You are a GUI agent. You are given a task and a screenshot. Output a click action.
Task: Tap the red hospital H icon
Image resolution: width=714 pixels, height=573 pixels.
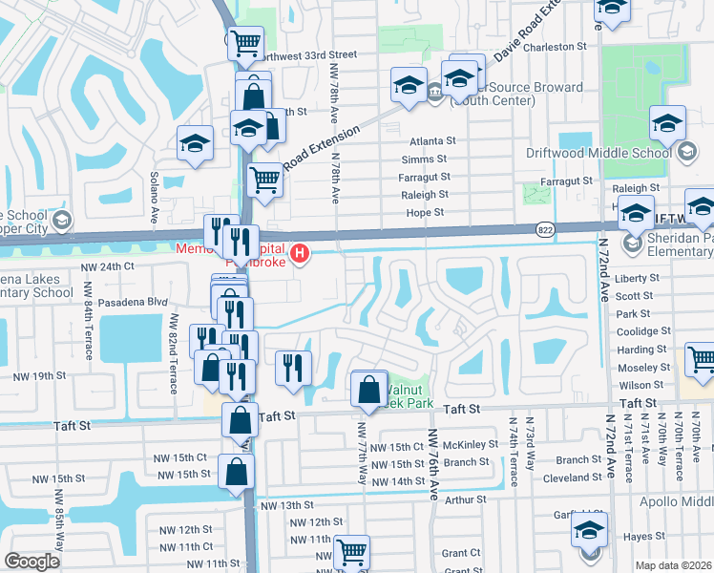pyautogui.click(x=301, y=253)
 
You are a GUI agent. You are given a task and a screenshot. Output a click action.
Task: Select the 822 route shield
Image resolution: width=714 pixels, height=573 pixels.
pyautogui.click(x=544, y=229)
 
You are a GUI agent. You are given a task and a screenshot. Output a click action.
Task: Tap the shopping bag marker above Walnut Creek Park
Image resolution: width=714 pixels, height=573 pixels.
pyautogui.click(x=369, y=390)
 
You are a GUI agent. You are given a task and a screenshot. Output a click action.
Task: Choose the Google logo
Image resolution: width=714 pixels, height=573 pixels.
pyautogui.click(x=32, y=562)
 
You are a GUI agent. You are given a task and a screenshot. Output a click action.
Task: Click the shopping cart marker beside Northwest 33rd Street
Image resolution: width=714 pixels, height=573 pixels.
pyautogui.click(x=246, y=42)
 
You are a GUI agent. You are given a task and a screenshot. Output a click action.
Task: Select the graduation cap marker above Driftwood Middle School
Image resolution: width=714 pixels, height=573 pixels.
pyautogui.click(x=667, y=122)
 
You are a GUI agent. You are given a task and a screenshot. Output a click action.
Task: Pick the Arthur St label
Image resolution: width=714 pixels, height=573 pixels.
pyautogui.click(x=466, y=499)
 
